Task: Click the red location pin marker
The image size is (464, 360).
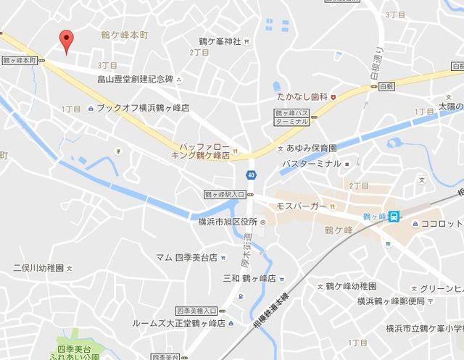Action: tap(66, 41)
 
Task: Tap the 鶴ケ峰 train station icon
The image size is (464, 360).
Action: tap(393, 216)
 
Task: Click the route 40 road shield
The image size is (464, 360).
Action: tap(250, 175)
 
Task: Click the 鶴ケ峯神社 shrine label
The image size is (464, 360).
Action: tap(219, 41)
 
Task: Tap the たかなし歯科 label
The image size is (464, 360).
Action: tap(297, 96)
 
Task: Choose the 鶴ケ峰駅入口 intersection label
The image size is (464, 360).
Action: tap(225, 195)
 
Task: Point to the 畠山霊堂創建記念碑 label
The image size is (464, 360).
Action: tap(135, 80)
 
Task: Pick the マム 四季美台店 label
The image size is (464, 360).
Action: tap(187, 257)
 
